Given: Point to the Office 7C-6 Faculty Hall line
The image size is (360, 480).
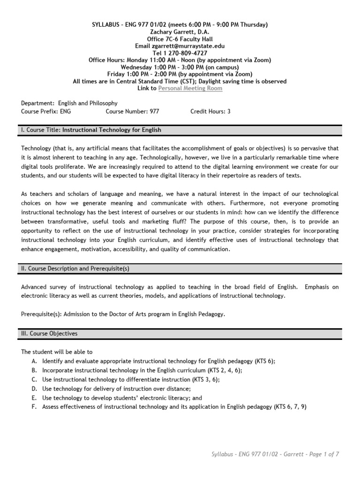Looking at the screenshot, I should point(180,39).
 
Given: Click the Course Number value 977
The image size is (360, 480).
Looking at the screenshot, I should point(155,112).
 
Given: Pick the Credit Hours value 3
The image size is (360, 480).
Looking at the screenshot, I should point(229,112).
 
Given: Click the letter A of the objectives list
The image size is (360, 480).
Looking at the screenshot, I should point(34,361).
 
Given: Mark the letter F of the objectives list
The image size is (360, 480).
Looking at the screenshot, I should point(34,406).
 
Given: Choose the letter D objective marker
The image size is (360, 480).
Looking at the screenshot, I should point(34,388).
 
